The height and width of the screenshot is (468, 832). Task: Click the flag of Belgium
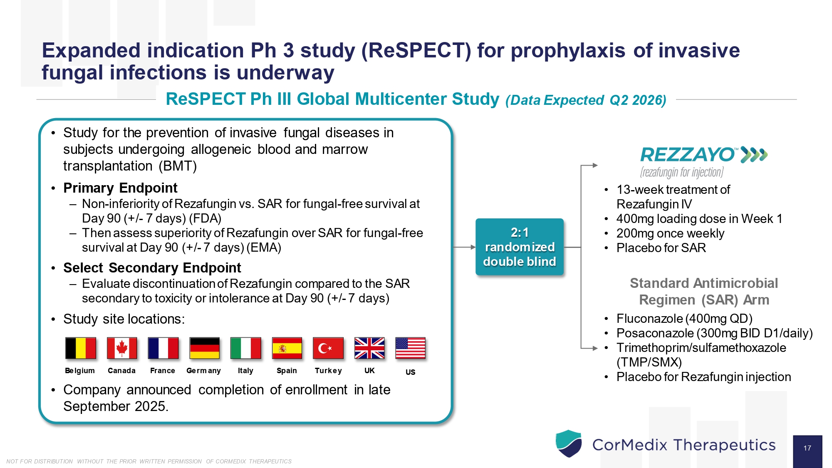81,348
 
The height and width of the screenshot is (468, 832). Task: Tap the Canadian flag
121,348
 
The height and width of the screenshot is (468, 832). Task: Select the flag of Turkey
328,348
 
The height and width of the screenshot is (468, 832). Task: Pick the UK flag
369,348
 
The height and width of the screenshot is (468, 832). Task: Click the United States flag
410,348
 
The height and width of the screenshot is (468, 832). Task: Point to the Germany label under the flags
203,371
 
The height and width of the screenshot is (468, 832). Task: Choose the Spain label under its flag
287,371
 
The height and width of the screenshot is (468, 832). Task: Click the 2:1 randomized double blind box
520,247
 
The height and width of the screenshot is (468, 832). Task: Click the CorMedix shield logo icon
569,443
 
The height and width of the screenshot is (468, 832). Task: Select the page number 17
807,448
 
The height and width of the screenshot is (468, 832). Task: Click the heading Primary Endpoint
120,188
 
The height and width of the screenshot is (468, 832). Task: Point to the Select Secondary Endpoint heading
152,268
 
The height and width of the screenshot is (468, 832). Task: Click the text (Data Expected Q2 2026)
586,100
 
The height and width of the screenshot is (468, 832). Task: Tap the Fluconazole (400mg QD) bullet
684,319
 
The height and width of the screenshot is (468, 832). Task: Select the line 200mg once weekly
670,233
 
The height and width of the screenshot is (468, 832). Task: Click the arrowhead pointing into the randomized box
473,247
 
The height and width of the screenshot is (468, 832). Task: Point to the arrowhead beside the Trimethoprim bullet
595,348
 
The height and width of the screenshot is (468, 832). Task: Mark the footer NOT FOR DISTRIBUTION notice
149,461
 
